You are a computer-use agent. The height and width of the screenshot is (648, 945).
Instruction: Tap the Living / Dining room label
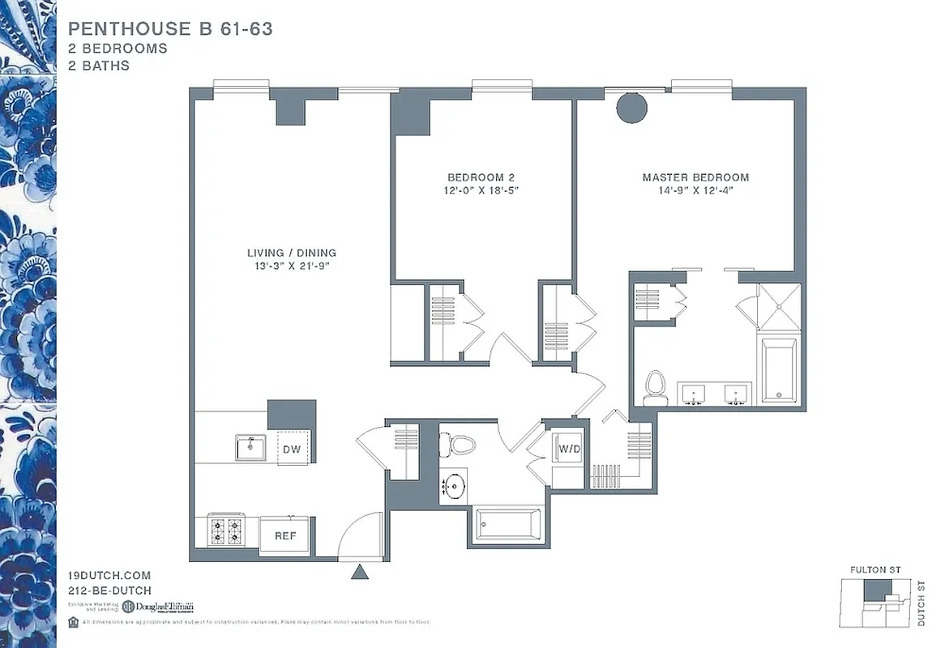[291, 253]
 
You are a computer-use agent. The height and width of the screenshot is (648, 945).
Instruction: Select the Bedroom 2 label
[481, 177]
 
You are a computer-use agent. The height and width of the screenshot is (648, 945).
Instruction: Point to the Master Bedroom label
[695, 177]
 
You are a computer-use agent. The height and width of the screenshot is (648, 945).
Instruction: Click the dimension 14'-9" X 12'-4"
[695, 191]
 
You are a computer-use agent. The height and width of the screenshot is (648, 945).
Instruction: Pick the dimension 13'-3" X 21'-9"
[291, 266]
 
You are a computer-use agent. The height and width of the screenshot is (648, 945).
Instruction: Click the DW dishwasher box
[293, 448]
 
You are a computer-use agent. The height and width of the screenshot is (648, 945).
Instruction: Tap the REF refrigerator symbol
[284, 535]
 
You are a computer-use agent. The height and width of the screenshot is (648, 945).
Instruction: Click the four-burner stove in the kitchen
[227, 531]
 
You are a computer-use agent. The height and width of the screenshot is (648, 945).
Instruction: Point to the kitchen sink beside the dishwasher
[250, 447]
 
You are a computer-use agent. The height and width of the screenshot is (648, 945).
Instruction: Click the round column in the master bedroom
[631, 108]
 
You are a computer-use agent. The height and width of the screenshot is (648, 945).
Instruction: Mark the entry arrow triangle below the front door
[360, 573]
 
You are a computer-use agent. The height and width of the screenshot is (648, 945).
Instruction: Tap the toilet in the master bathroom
[655, 388]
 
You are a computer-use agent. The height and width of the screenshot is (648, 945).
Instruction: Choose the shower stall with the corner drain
[779, 306]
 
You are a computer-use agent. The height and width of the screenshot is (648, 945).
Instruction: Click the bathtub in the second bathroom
[508, 525]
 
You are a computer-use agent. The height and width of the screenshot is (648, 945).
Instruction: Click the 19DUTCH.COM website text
[109, 576]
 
